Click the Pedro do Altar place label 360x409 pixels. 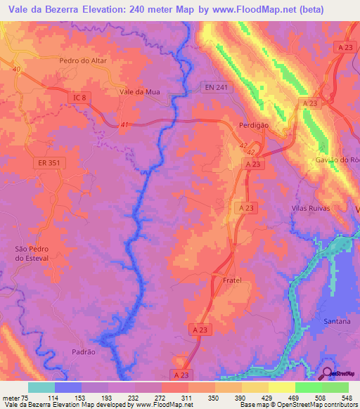click(84, 61)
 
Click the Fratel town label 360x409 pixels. click(232, 280)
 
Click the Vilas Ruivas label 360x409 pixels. click(310, 209)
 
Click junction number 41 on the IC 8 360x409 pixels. click(124, 124)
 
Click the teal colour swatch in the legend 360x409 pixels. click(41, 387)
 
